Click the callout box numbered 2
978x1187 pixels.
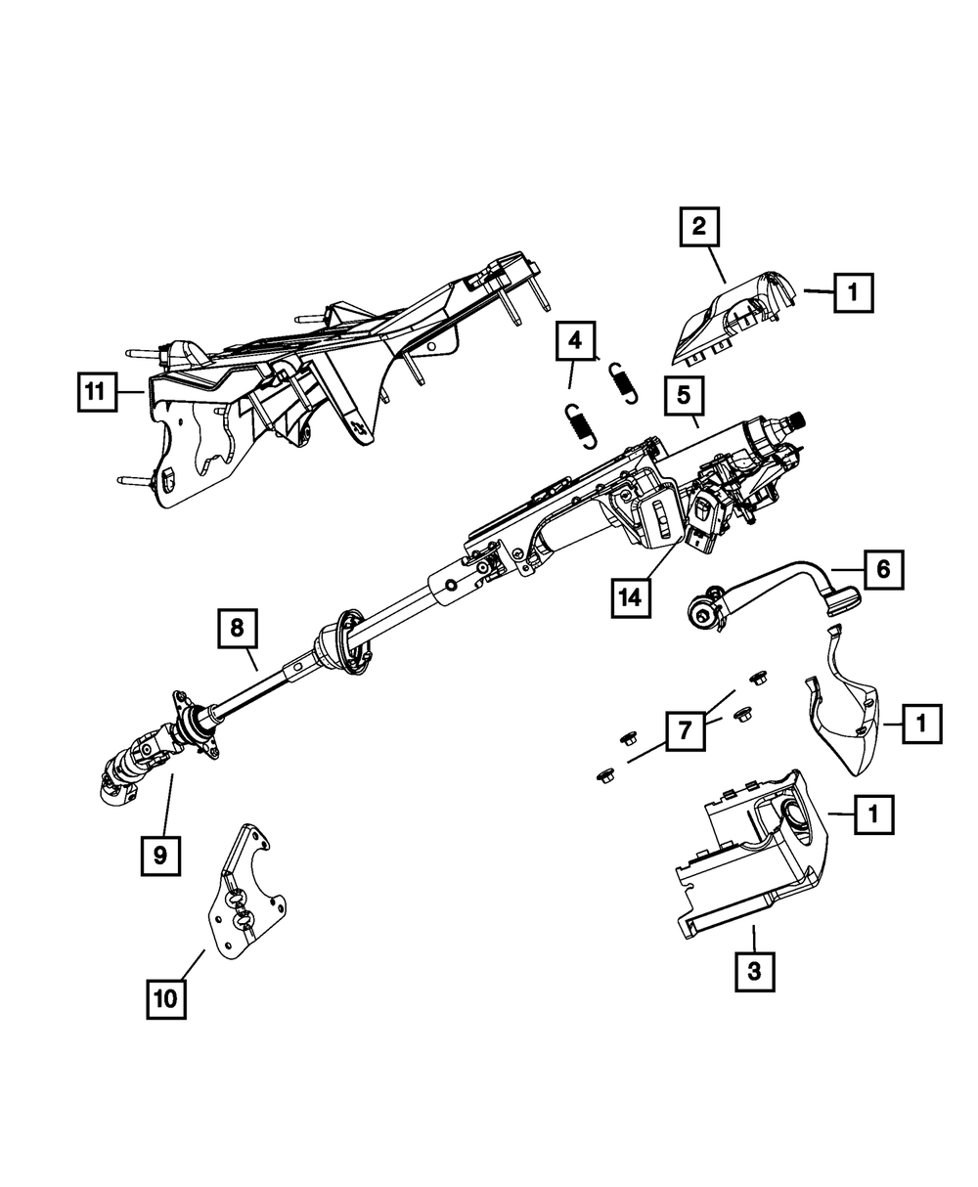(x=698, y=229)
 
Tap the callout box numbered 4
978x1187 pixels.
(x=575, y=341)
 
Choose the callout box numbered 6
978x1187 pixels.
(x=883, y=570)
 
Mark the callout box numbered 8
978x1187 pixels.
(x=238, y=629)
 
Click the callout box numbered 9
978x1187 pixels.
(x=159, y=857)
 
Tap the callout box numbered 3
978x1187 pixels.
(x=753, y=972)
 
